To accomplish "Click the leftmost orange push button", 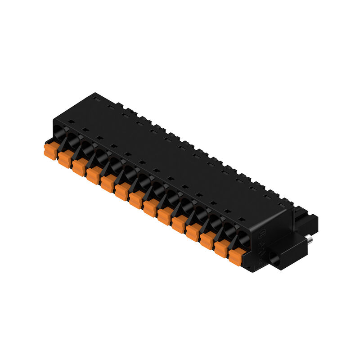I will coord(50,150).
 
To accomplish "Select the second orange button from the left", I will coord(64,159).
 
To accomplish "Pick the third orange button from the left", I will coord(79,167).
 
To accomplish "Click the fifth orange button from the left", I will coord(107,183).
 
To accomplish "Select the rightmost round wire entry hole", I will coord(243,239).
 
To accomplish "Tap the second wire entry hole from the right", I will coord(229,231).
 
